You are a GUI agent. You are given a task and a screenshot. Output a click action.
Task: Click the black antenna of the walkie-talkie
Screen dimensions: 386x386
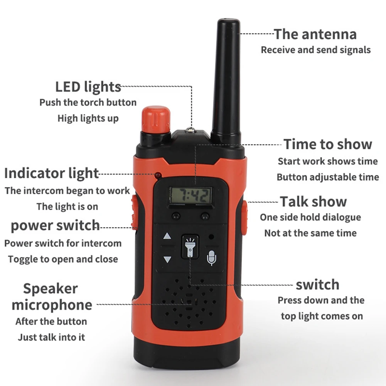(226, 81)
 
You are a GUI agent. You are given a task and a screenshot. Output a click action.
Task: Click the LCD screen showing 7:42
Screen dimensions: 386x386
(190, 196)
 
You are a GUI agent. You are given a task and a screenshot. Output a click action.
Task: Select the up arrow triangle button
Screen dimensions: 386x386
(167, 236)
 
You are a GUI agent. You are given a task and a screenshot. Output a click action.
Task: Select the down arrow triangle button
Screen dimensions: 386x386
(167, 259)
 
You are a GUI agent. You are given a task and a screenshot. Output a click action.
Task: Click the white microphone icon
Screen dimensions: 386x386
(211, 258)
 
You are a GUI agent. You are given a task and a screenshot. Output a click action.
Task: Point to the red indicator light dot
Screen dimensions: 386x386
(158, 175)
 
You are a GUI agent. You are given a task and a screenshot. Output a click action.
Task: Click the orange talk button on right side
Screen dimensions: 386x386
(244, 217)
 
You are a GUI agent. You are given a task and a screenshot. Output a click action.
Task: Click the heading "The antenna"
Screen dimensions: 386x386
(315, 34)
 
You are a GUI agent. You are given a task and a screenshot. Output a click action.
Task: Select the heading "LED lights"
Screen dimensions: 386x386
(88, 87)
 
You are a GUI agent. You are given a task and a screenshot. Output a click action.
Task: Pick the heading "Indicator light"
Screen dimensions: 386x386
(51, 173)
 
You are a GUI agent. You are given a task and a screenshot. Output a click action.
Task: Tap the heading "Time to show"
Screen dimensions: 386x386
(328, 144)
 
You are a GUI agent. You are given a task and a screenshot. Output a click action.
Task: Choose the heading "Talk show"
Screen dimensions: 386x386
(313, 202)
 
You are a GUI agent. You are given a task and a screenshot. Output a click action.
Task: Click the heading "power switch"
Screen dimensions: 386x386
(55, 226)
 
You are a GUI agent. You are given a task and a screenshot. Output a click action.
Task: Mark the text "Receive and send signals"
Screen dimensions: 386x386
(316, 50)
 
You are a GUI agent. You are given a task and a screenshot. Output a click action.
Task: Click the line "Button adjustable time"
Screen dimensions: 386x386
(328, 177)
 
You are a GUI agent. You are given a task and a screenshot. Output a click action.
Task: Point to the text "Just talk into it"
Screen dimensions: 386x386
(51, 337)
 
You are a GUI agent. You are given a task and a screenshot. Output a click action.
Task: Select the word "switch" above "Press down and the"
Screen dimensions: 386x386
(318, 285)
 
